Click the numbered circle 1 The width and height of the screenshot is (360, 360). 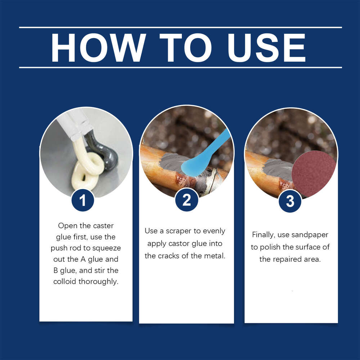[x=83, y=201]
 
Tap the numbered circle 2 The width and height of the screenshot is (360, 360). [x=186, y=201]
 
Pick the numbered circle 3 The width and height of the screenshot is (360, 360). [x=290, y=202]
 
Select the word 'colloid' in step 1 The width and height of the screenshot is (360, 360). [x=65, y=282]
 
